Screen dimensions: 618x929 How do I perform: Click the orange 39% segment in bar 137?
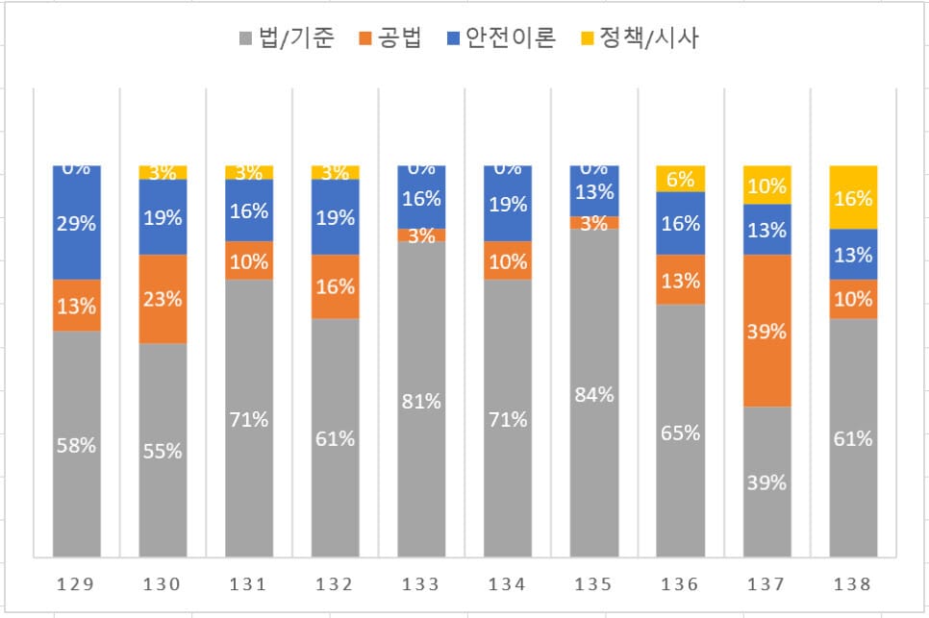[766, 331]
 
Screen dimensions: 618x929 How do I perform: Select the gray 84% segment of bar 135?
[594, 393]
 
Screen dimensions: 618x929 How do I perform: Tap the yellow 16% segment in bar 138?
[853, 198]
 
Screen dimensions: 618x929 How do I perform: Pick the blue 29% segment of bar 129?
[77, 222]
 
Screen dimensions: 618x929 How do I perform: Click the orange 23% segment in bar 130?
[163, 299]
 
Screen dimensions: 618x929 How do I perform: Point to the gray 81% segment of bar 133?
[422, 400]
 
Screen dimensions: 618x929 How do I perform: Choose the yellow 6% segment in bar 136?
[681, 179]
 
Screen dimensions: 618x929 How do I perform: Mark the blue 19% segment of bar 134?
[508, 204]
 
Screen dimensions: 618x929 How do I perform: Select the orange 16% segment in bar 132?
[336, 286]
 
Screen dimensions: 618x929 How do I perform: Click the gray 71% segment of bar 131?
[249, 418]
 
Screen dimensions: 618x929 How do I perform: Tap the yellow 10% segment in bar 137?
[766, 185]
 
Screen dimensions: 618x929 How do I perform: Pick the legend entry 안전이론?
[501, 39]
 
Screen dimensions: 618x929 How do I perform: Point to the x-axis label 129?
[77, 583]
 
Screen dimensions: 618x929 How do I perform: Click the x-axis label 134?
[508, 583]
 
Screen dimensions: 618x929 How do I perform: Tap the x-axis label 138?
[853, 583]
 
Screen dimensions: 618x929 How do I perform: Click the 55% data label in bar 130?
[163, 450]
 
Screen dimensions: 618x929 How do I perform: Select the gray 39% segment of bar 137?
[766, 482]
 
